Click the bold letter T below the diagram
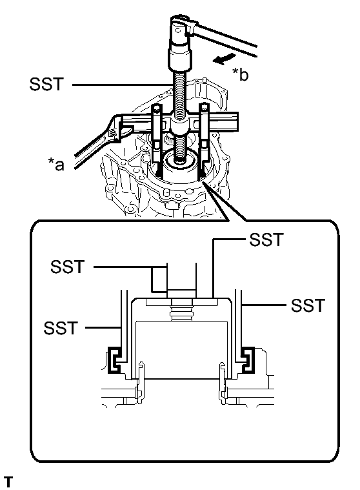click(x=8, y=482)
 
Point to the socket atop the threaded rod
click(x=181, y=58)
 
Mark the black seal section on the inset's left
click(x=114, y=360)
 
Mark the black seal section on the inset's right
click(x=246, y=360)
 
